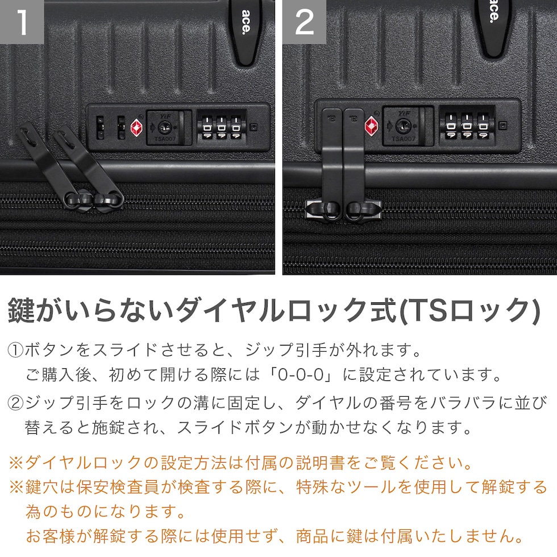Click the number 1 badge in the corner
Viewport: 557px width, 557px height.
click(x=22, y=22)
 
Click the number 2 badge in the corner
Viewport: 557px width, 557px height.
click(x=305, y=22)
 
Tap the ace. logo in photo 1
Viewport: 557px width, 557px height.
click(x=246, y=22)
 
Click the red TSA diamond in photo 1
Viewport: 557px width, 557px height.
click(x=136, y=127)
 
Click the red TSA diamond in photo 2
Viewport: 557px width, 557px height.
click(x=371, y=126)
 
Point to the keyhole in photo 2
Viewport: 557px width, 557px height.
click(x=403, y=126)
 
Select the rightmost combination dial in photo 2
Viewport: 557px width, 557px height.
click(x=483, y=126)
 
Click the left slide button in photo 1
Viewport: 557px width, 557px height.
click(x=101, y=127)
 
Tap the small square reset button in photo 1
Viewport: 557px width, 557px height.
click(x=253, y=127)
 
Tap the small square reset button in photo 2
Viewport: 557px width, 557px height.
click(x=502, y=126)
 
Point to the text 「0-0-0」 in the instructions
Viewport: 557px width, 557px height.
click(x=301, y=375)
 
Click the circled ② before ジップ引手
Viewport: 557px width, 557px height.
click(x=15, y=403)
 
